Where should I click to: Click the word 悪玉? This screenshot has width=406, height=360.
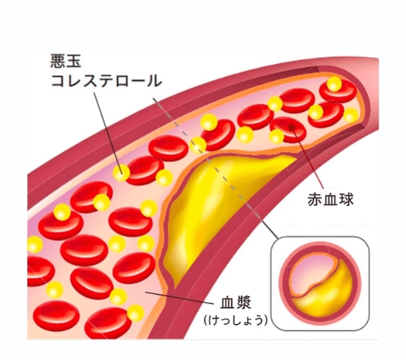click(66, 61)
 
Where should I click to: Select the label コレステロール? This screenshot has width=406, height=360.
click(106, 80)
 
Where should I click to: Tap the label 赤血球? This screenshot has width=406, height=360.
click(331, 199)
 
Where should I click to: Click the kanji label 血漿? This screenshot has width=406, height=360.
click(235, 303)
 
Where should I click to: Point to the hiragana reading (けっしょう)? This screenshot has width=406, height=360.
click(235, 320)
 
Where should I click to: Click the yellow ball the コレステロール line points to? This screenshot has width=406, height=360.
click(121, 173)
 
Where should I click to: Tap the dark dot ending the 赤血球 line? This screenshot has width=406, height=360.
click(292, 127)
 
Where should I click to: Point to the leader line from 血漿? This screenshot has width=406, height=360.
click(180, 298)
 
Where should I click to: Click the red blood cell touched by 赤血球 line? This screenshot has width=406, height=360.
click(288, 129)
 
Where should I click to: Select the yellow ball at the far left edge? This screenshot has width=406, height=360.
click(34, 245)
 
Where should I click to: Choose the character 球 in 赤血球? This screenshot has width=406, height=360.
click(346, 199)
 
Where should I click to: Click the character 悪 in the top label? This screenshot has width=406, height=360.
click(57, 61)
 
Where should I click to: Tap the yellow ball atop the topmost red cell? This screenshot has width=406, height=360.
click(334, 84)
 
